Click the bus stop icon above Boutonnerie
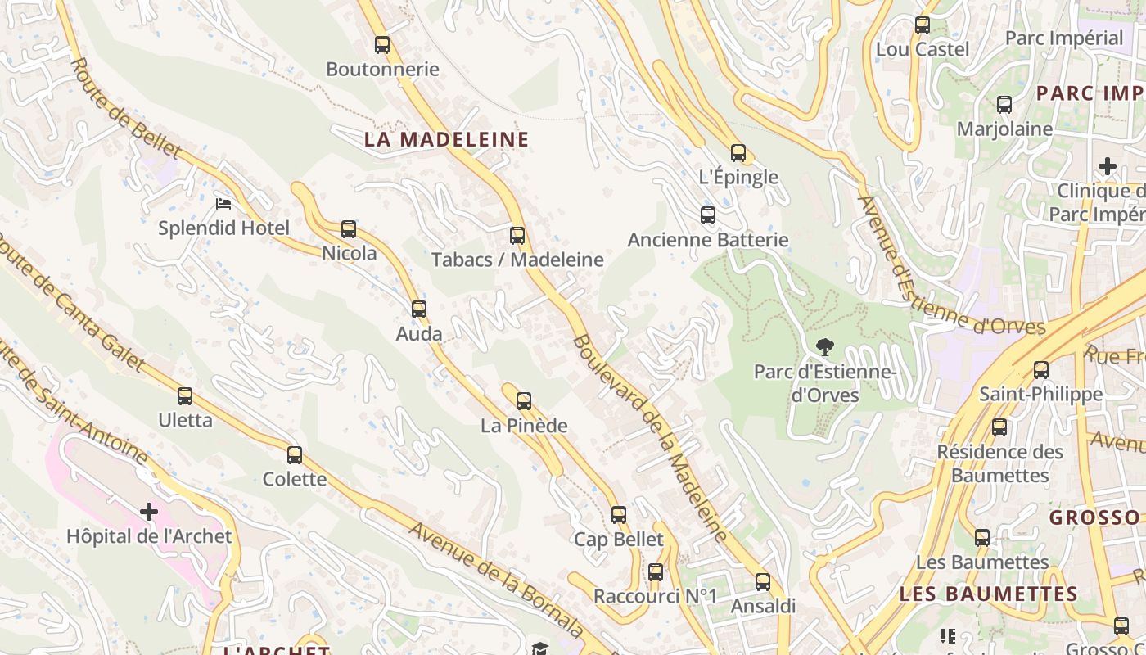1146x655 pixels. point(382,45)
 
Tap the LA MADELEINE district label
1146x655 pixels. point(447,139)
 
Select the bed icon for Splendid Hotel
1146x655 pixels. point(223,203)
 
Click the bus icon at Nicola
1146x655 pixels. point(349,229)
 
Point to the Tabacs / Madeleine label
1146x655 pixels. point(517,260)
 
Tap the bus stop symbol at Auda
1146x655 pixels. point(419,309)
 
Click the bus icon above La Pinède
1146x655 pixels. point(524,401)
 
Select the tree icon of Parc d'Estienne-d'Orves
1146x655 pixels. point(825,347)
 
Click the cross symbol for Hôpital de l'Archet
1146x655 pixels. point(149,513)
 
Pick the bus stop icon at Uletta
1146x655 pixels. point(185,396)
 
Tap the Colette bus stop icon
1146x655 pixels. point(295,455)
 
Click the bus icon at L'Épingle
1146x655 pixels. point(738,153)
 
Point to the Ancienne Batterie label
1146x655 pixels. point(708,240)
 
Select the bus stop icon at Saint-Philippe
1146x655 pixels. point(1041,370)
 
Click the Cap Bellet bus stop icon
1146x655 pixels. point(619,515)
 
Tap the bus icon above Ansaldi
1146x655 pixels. point(763,582)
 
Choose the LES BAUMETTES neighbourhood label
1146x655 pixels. point(988,594)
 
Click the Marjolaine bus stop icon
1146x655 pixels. point(1004,105)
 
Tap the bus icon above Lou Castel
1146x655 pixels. point(923,25)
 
